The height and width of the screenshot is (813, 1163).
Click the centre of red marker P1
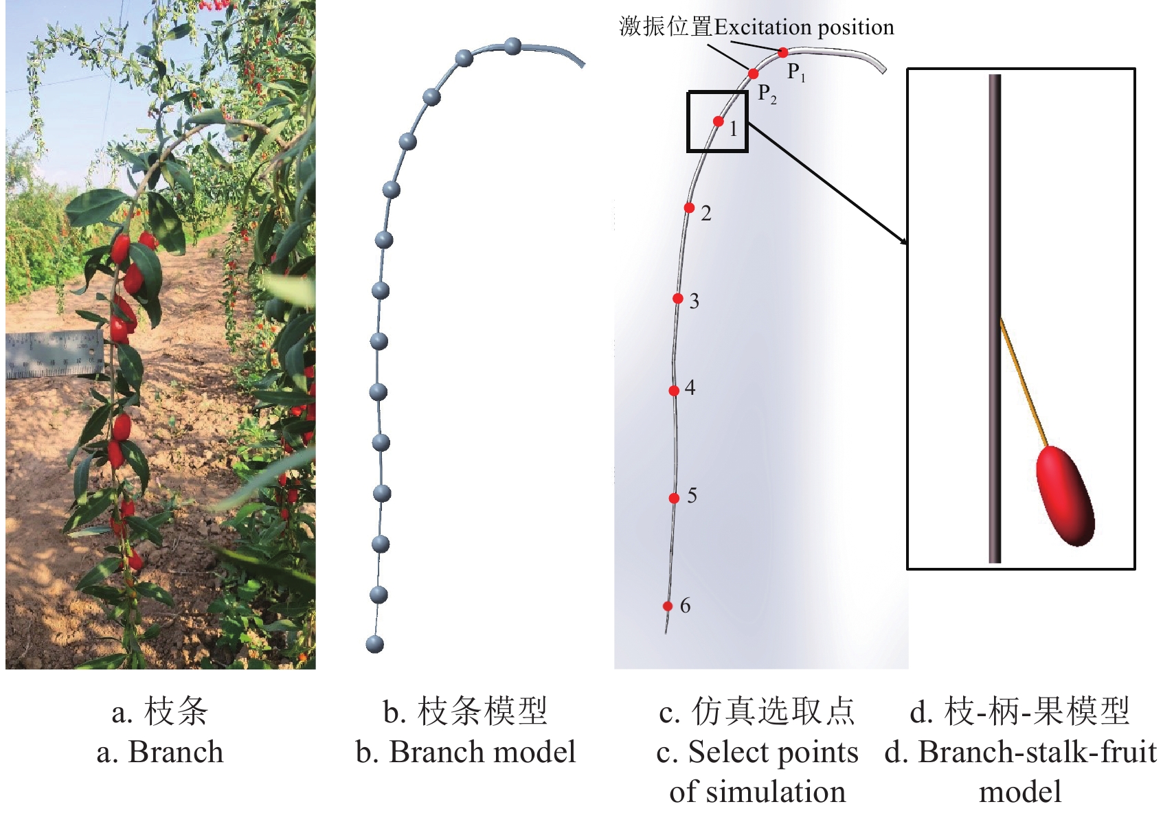coord(783,52)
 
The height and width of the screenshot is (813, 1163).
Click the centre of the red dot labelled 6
coord(668,606)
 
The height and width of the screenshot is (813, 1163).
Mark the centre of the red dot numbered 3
coord(677,298)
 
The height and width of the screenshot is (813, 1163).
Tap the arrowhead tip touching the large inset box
coord(907,244)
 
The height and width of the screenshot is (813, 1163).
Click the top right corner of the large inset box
coord(1135,69)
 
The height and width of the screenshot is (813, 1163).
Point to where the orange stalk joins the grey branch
coord(1002,319)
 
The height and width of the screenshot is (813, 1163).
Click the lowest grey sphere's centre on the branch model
coord(375,644)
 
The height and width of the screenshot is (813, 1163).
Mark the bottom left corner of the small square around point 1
coord(688,152)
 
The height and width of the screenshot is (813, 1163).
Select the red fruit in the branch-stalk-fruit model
coord(1065,496)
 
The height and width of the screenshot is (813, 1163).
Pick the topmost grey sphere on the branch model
coord(512,46)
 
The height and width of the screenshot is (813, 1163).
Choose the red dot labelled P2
coord(754,73)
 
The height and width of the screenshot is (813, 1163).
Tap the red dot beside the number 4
coord(674,391)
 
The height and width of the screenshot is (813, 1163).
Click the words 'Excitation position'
coord(804,27)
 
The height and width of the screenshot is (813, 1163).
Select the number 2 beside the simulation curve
coord(706,214)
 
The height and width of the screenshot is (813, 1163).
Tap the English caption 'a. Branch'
coord(160,752)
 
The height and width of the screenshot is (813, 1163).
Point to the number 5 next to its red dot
coord(692,496)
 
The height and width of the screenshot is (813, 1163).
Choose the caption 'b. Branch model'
coord(466,752)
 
